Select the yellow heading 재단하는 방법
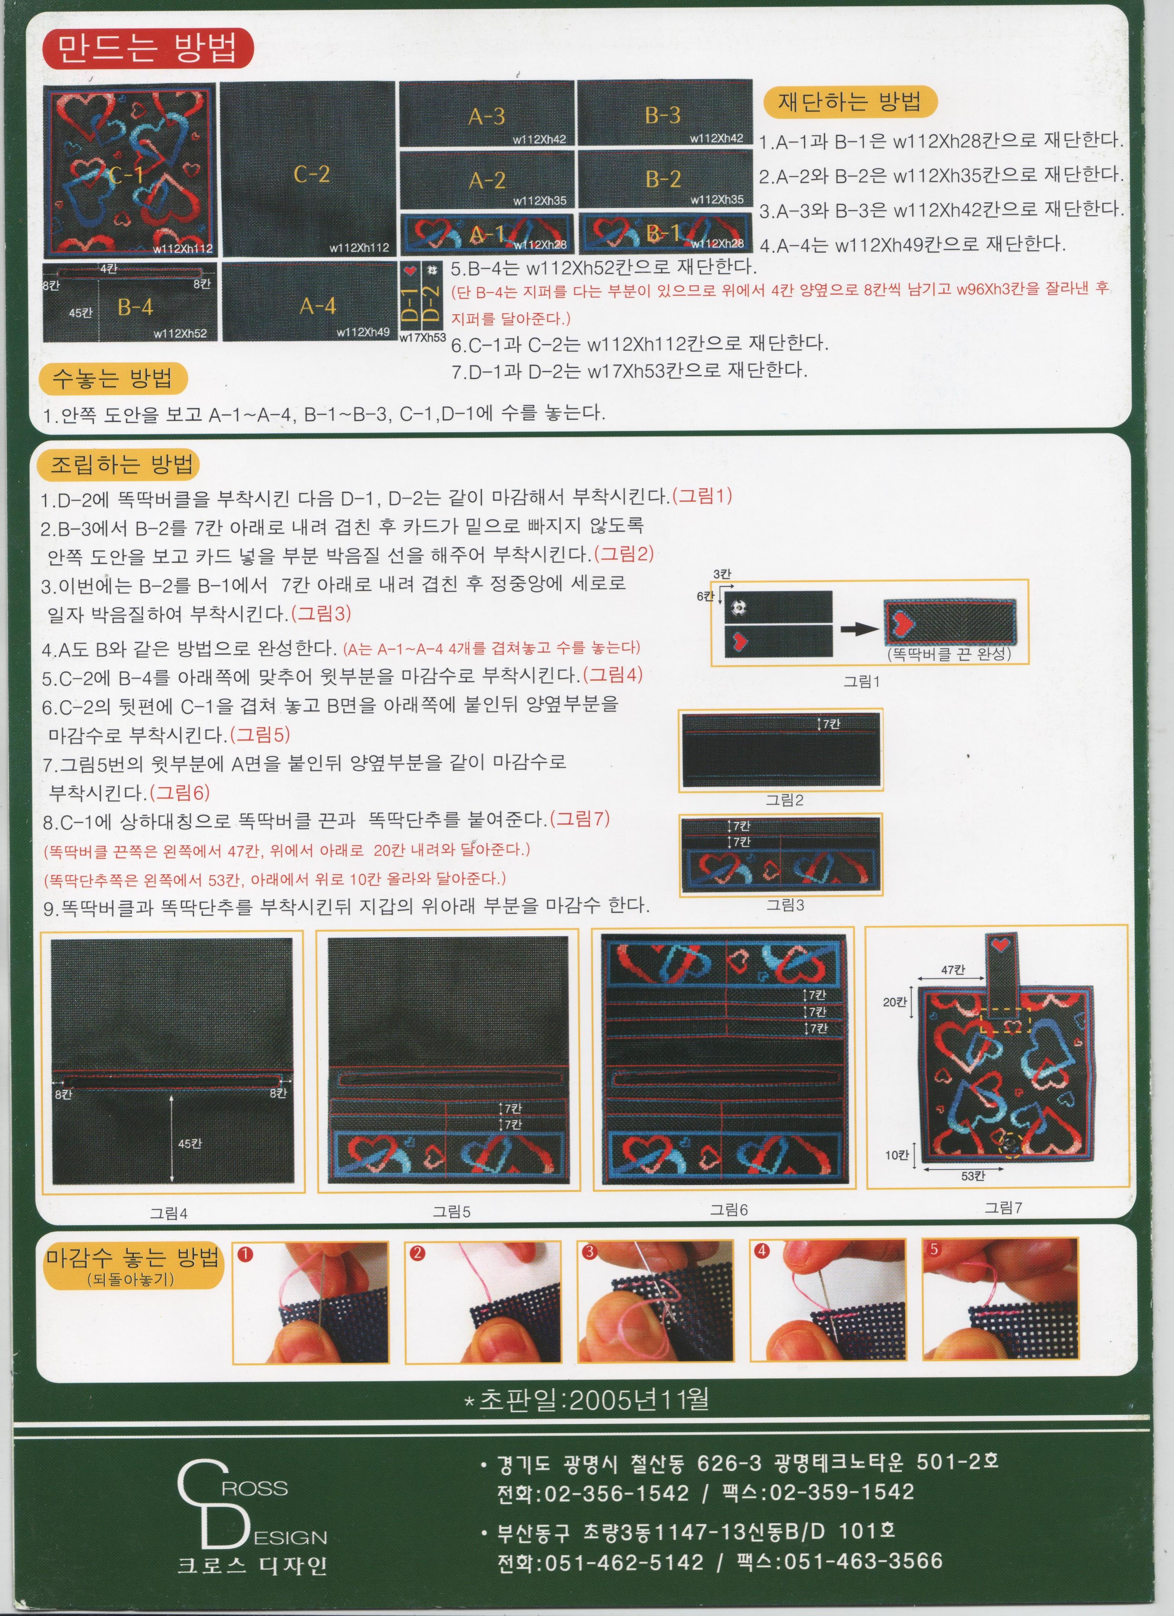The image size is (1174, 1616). point(849,102)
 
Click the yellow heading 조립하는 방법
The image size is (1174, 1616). point(122,465)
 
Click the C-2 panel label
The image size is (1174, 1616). point(311,174)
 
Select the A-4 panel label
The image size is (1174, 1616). point(318,306)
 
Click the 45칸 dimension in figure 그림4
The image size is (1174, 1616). point(190,1144)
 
